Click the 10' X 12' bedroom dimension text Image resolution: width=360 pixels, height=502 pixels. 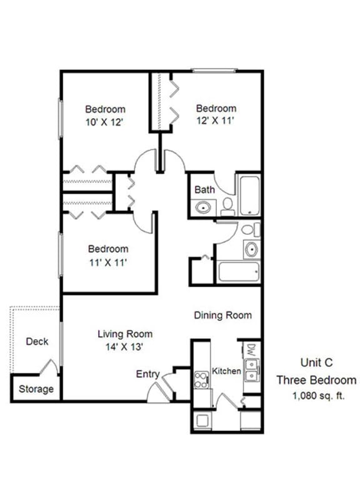pyautogui.click(x=105, y=122)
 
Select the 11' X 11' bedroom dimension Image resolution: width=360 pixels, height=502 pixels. pyautogui.click(x=107, y=263)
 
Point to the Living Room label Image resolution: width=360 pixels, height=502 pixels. pyautogui.click(x=125, y=334)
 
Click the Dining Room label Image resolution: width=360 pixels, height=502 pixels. pyautogui.click(x=222, y=315)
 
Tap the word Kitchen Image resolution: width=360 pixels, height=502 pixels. pyautogui.click(x=226, y=371)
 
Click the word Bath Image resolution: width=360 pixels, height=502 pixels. pyautogui.click(x=204, y=190)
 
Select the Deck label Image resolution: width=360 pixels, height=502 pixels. pyautogui.click(x=37, y=342)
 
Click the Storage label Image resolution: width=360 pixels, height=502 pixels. pyautogui.click(x=36, y=389)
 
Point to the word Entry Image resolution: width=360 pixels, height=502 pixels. pyautogui.click(x=147, y=374)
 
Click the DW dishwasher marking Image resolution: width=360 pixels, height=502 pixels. pyautogui.click(x=251, y=348)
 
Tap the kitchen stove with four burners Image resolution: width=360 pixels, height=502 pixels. pyautogui.click(x=201, y=379)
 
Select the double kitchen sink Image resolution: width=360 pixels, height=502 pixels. pyautogui.click(x=251, y=370)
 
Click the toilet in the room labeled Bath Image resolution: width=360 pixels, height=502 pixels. pyautogui.click(x=227, y=206)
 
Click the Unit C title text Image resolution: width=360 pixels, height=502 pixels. pyautogui.click(x=316, y=362)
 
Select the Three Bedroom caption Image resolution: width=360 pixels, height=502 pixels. pyautogui.click(x=316, y=380)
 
